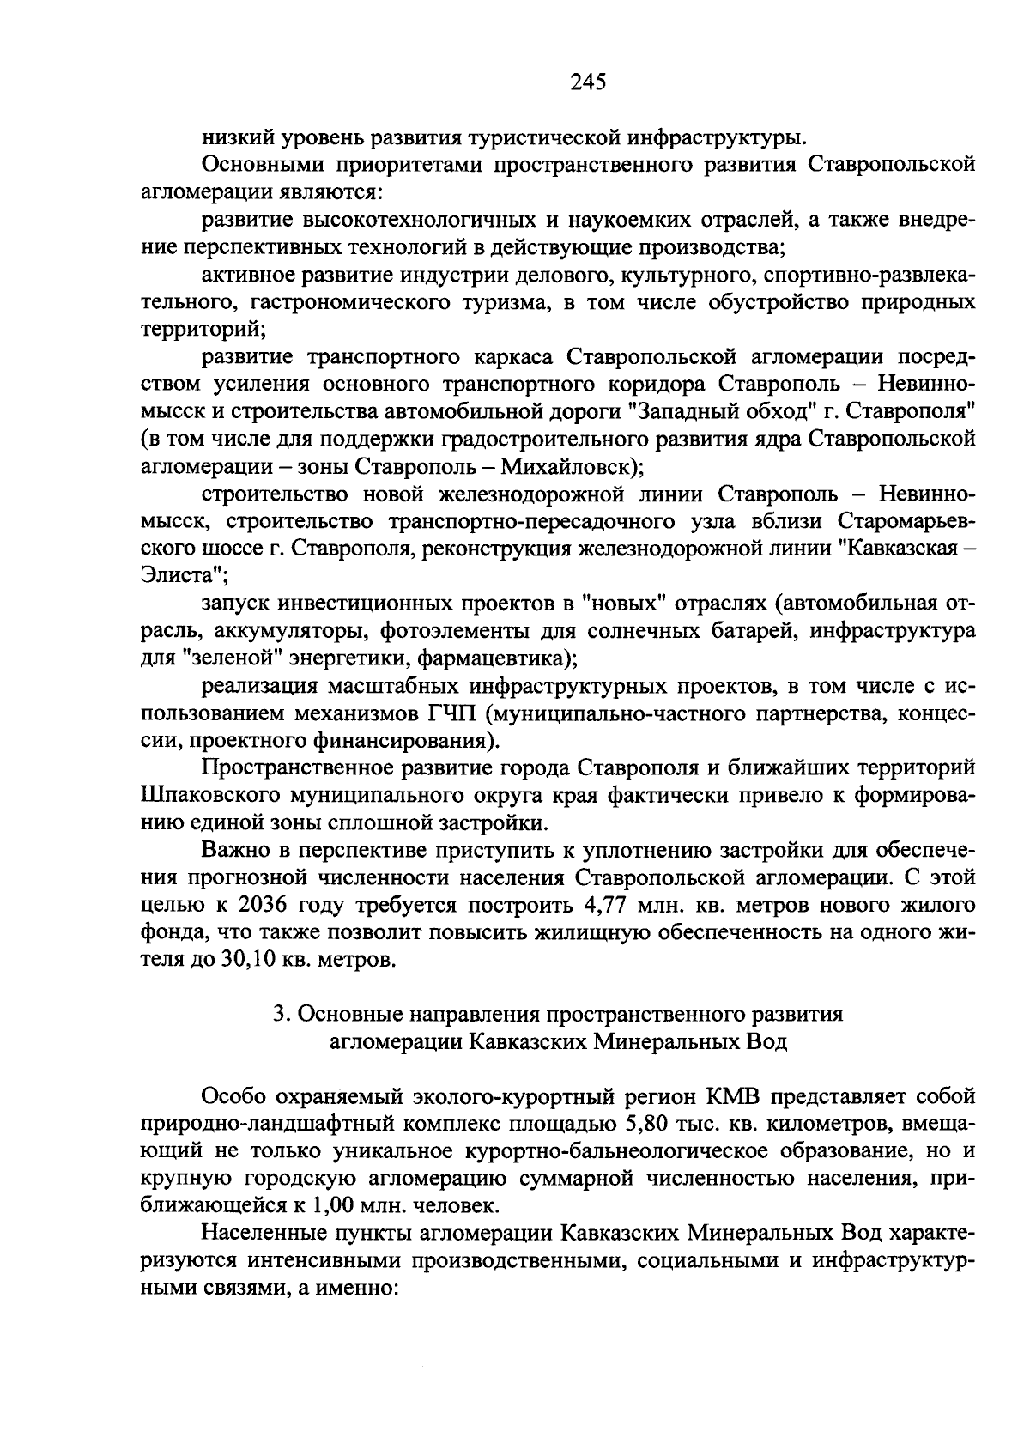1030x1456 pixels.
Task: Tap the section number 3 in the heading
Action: [x=279, y=1014]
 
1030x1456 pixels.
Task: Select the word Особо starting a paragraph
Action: [x=231, y=1096]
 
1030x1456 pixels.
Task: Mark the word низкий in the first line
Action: [x=237, y=136]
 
